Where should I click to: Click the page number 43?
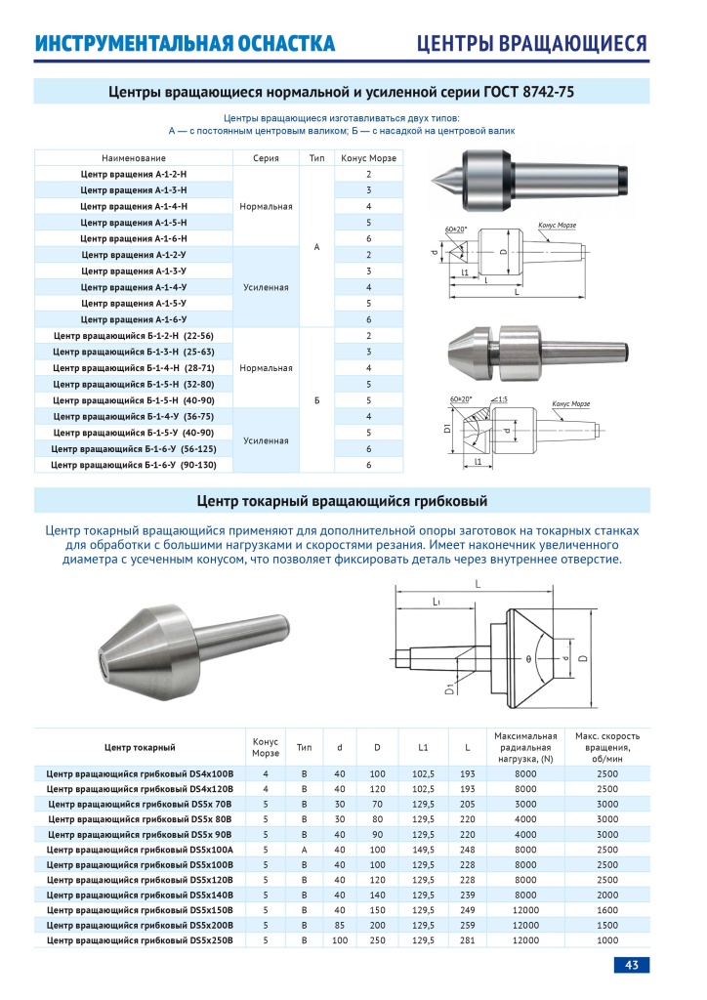[631, 965]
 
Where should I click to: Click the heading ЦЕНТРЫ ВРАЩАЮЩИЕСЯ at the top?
[532, 44]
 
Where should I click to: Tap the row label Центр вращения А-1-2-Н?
[135, 174]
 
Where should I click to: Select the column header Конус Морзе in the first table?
[368, 158]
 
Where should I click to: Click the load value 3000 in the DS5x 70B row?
[525, 803]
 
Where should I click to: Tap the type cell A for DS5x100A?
[305, 849]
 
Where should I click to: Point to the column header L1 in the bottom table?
[424, 748]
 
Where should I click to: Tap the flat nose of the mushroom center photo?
[103, 664]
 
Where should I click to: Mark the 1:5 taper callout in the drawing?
[501, 399]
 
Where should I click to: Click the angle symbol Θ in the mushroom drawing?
[528, 660]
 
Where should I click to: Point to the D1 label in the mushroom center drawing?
[450, 690]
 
